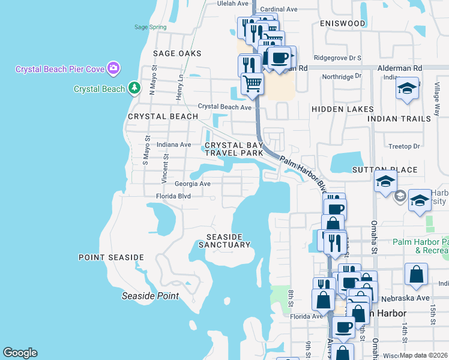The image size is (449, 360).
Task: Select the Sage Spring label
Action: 150,27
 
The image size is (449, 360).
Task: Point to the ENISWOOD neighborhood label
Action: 343,23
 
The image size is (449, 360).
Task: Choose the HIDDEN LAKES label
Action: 343,109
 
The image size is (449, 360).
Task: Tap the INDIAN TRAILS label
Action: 399,119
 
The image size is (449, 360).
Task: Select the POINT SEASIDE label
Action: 112,257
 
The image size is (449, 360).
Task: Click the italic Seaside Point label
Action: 150,296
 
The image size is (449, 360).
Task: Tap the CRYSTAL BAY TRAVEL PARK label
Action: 234,149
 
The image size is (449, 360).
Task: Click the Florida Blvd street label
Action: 173,196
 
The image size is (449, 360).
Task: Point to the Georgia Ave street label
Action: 193,184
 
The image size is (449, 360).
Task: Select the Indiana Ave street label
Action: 173,145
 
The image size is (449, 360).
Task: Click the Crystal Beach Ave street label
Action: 224,107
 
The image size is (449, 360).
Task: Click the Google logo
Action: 20,353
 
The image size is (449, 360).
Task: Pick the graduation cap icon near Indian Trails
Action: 408,89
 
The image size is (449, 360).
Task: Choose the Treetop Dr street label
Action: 404,146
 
